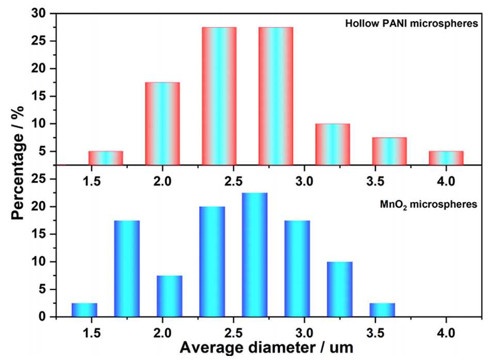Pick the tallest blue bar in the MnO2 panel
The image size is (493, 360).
pyautogui.click(x=255, y=255)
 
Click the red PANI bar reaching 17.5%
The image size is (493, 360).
pyautogui.click(x=162, y=124)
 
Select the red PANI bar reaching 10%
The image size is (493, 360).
pyautogui.click(x=332, y=144)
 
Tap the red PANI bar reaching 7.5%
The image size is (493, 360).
pyautogui.click(x=389, y=151)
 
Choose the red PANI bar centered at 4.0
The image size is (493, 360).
pyautogui.click(x=446, y=158)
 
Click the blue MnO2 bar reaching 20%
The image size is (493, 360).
pyautogui.click(x=212, y=261)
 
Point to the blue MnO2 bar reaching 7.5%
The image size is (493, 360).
pyautogui.click(x=169, y=296)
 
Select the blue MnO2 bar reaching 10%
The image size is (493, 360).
pyautogui.click(x=339, y=289)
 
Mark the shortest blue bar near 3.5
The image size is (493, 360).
pyautogui.click(x=382, y=310)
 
